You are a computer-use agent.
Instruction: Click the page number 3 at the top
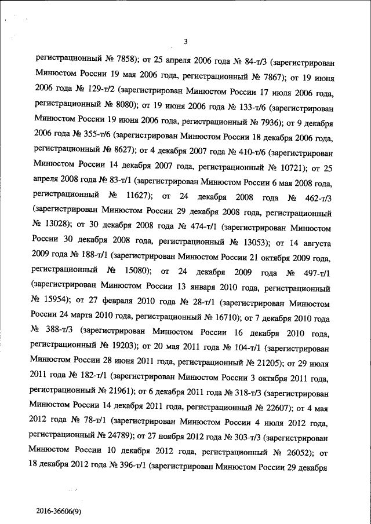[x=185, y=41]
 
